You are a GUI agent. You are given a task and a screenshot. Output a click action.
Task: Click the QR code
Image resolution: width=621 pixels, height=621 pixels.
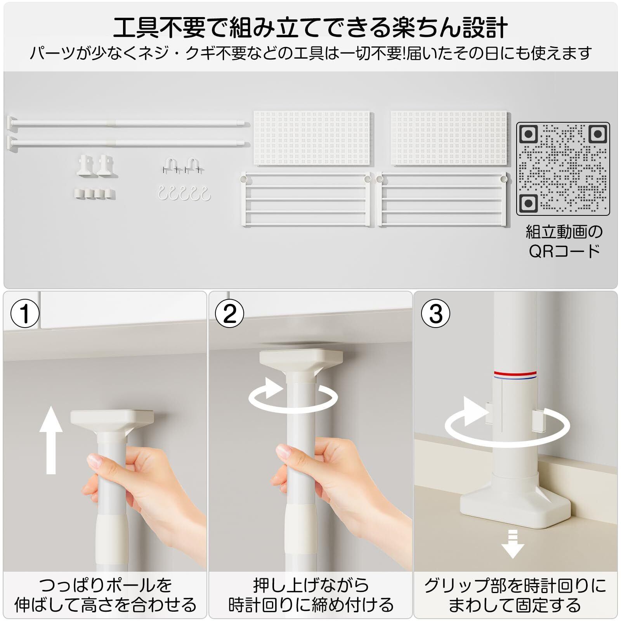pyautogui.click(x=563, y=169)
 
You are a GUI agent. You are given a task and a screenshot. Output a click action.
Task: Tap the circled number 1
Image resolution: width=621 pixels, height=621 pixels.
pyautogui.click(x=25, y=314)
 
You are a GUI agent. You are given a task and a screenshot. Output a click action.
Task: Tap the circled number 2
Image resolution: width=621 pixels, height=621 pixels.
pyautogui.click(x=230, y=314)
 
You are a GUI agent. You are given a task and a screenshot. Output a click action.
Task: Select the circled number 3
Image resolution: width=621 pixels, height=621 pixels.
pyautogui.click(x=435, y=314)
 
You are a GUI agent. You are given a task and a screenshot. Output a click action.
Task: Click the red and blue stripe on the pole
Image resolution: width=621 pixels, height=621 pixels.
pyautogui.click(x=515, y=375)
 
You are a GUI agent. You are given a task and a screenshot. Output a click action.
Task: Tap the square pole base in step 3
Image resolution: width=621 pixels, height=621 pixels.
pyautogui.click(x=515, y=504)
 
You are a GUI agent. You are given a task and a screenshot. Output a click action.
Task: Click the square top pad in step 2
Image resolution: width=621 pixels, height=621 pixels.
pyautogui.click(x=301, y=359)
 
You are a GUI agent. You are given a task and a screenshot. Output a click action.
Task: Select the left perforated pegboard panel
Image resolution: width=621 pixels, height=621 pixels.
pyautogui.click(x=313, y=138)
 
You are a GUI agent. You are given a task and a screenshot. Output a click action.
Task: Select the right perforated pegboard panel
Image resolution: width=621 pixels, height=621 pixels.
pyautogui.click(x=449, y=138)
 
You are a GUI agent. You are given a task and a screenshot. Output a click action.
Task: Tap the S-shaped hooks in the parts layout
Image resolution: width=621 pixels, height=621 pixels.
pyautogui.click(x=184, y=193)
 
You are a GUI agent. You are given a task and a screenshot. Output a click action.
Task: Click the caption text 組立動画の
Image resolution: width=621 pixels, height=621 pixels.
pyautogui.click(x=564, y=232)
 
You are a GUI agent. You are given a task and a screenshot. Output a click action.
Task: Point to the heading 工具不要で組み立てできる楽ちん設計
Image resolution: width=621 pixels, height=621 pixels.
pyautogui.click(x=310, y=27)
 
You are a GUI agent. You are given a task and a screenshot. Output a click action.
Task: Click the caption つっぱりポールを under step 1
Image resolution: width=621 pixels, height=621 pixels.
pyautogui.click(x=105, y=585)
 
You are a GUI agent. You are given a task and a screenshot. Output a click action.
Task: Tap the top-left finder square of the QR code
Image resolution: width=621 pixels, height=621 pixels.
pyautogui.click(x=528, y=135)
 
